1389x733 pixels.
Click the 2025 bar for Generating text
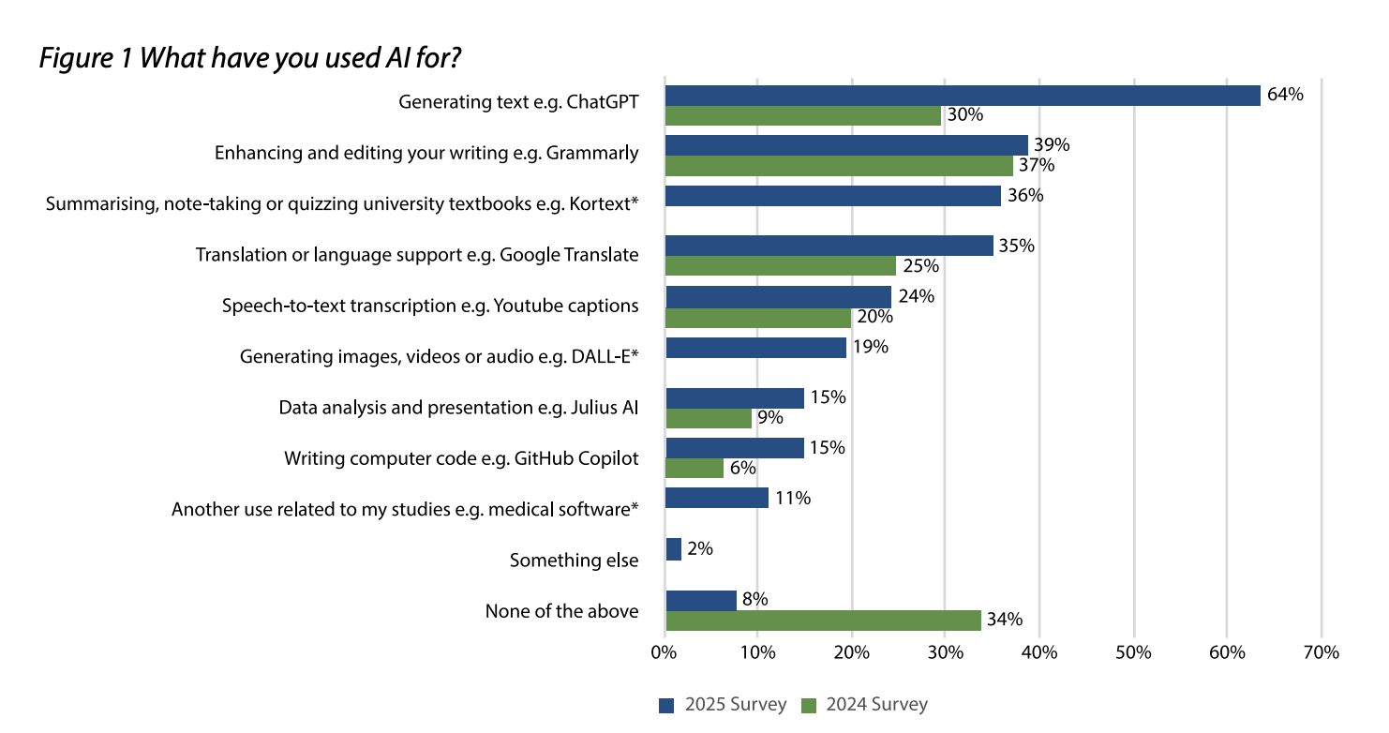pos(963,95)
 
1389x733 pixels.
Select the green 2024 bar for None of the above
pos(823,621)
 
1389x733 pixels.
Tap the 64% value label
pos(1285,94)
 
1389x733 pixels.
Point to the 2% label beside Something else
pos(700,549)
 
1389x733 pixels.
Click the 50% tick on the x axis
pos(1133,652)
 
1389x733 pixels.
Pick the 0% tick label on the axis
pos(664,652)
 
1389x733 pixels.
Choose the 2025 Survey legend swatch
pos(666,706)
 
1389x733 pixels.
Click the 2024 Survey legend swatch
pos(808,706)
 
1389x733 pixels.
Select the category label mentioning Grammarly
pos(426,153)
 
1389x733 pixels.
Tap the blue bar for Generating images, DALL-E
pos(755,348)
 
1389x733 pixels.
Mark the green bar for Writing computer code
pos(694,468)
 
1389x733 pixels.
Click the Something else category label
pos(574,561)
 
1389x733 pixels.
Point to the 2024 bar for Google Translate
pos(781,265)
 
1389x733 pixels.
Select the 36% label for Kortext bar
pos(1024,196)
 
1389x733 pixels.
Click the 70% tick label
pos(1321,652)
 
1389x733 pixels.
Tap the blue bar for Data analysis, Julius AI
pos(735,398)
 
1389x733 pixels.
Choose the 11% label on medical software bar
pos(792,499)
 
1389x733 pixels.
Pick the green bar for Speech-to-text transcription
pos(758,317)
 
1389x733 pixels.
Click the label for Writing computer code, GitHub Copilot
pos(461,458)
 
